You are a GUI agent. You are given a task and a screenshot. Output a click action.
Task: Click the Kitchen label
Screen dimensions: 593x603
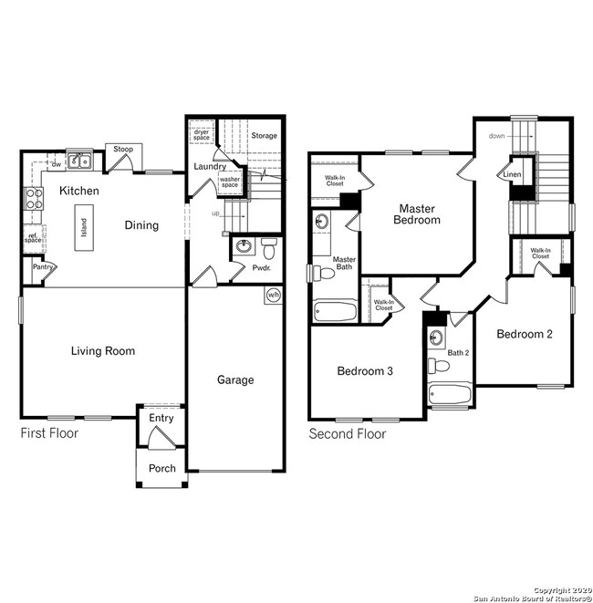coord(79,191)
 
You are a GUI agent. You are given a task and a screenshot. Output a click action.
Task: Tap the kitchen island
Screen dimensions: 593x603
coord(84,227)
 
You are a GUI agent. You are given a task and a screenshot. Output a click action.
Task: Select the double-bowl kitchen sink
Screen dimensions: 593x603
coord(79,161)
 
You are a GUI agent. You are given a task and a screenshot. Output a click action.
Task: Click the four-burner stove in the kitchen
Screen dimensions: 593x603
coord(35,199)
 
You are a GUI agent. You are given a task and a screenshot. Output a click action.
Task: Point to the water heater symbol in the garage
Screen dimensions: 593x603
coord(274,295)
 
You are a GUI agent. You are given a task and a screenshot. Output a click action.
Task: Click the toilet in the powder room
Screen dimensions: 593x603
coord(269,249)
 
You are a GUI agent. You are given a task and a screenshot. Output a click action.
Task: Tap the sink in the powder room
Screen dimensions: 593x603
coord(244,245)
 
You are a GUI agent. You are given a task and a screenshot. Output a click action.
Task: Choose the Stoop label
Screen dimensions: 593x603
coord(123,149)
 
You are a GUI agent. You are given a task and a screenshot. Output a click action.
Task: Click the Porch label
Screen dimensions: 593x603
coord(162,468)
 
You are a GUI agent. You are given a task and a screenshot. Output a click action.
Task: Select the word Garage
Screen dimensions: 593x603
coord(235,379)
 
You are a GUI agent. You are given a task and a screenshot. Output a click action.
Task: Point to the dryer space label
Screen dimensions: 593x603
coord(202,135)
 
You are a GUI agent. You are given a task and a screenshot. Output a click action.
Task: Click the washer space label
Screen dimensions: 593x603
coord(230,182)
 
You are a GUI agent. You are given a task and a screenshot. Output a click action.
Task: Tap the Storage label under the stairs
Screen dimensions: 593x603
coord(265,135)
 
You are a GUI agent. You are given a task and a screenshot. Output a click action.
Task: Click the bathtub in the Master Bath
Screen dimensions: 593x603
coord(336,312)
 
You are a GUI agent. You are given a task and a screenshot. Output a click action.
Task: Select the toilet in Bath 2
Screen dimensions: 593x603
coord(439,365)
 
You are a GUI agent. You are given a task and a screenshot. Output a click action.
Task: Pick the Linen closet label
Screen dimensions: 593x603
coord(512,174)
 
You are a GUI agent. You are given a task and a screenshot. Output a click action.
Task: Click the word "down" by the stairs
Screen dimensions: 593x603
coord(496,136)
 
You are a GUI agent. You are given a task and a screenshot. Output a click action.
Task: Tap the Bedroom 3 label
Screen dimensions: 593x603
coord(365,370)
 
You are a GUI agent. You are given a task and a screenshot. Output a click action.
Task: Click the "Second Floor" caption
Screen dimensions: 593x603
coord(348,434)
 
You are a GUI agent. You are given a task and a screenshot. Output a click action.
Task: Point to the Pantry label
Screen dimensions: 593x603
coord(43,266)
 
